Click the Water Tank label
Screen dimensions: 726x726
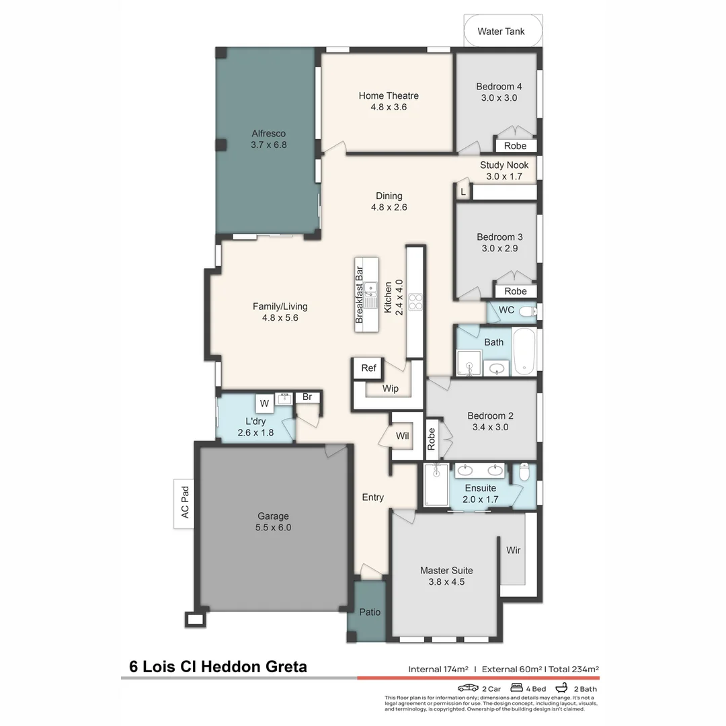(501, 32)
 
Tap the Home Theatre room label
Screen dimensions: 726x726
(389, 95)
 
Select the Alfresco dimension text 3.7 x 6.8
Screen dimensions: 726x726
(269, 145)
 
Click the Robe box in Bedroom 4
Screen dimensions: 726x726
(516, 146)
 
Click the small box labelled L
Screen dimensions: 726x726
(462, 192)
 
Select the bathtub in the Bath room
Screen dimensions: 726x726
(524, 351)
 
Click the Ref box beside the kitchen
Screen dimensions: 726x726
(368, 368)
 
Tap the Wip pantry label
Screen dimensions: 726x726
(391, 389)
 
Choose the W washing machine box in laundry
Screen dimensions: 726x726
(264, 403)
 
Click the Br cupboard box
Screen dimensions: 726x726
(307, 397)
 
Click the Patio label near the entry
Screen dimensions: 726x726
(369, 612)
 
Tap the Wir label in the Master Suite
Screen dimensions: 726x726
(514, 550)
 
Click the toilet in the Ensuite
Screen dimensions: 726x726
(525, 473)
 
